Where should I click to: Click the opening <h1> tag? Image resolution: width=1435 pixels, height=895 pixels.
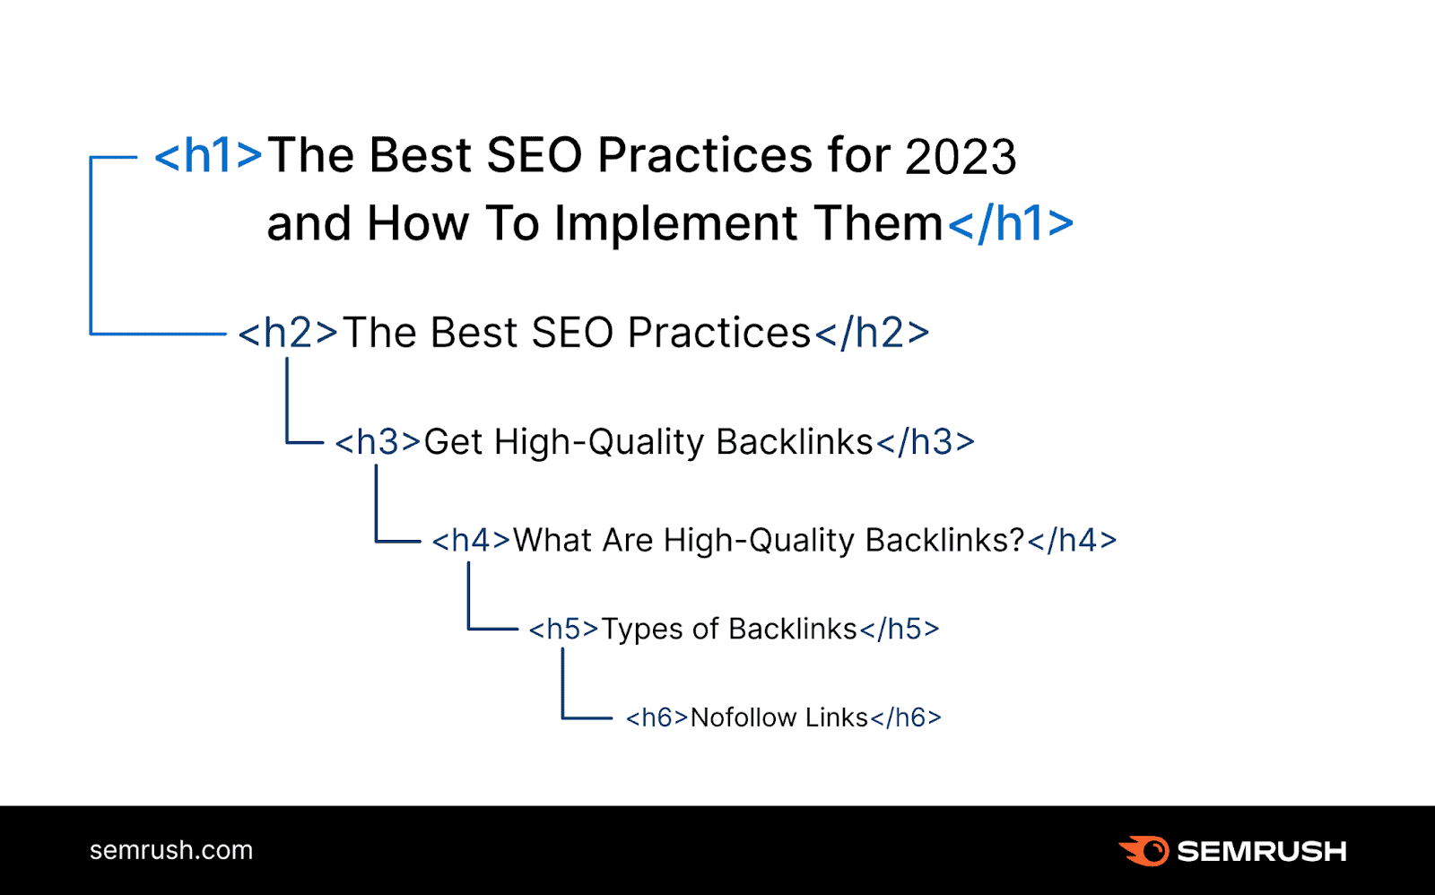(x=208, y=156)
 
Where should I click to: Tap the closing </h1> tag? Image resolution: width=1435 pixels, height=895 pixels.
(x=1011, y=224)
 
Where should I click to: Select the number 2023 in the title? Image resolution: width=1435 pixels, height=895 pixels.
(x=961, y=157)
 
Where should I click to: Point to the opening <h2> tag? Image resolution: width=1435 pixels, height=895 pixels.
(x=288, y=334)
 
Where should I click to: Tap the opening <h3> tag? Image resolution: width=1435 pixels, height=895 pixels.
(x=378, y=442)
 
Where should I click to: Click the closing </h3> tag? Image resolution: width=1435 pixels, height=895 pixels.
(x=926, y=442)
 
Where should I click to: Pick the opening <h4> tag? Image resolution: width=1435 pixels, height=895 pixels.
(x=471, y=541)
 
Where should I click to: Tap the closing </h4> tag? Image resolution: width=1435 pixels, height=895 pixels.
(x=1073, y=541)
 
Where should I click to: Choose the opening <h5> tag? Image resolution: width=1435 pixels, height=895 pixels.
(x=563, y=630)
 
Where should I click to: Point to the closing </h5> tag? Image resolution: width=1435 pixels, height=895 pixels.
(x=900, y=630)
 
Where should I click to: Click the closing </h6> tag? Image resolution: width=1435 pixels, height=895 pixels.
(x=906, y=717)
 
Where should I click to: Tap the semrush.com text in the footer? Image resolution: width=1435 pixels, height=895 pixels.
(x=171, y=850)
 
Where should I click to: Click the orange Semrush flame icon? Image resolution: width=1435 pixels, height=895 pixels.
(x=1144, y=850)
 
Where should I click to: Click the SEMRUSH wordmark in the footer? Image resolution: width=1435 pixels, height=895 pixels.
(x=1261, y=851)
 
